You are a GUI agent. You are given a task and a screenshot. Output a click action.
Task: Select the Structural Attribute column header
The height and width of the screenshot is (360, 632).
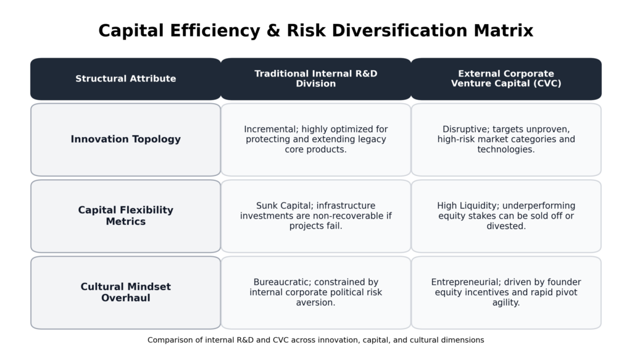(126, 79)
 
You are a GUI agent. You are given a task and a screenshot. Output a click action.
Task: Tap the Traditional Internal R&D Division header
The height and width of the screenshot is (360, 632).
(316, 79)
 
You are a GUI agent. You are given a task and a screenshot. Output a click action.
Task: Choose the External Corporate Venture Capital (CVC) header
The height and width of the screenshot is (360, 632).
(506, 79)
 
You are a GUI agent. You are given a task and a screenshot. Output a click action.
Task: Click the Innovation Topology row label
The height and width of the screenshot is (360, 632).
(126, 140)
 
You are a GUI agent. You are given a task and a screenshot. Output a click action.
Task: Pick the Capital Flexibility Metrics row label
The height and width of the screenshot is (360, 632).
(126, 216)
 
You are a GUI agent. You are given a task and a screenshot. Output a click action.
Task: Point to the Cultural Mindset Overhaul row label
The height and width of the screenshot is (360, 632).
(126, 293)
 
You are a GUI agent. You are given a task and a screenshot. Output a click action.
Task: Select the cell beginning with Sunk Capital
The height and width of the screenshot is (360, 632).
(316, 216)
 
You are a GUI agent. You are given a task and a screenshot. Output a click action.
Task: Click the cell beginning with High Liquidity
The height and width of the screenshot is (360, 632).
(506, 216)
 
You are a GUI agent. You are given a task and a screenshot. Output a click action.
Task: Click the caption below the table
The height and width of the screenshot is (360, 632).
(316, 340)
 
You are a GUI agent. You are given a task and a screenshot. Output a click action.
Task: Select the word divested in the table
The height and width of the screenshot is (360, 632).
(506, 226)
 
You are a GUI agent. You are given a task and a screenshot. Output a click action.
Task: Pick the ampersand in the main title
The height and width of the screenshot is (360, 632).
(273, 31)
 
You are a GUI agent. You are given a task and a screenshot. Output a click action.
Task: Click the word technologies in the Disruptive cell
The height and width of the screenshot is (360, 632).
(506, 149)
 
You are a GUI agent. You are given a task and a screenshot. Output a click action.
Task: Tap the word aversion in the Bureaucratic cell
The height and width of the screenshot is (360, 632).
(316, 303)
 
